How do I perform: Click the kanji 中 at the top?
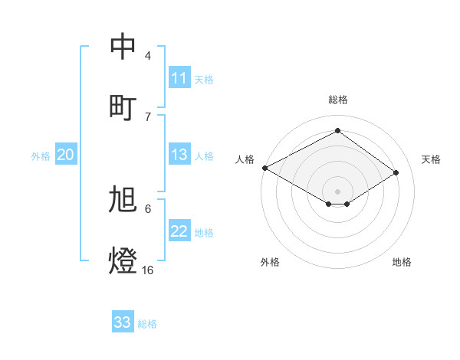click(123, 47)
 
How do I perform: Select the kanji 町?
click(123, 106)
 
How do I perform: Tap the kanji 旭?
click(123, 200)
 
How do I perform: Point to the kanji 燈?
click(123, 260)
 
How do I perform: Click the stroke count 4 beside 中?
click(147, 56)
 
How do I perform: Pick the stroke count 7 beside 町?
click(147, 116)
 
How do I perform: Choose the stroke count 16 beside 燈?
click(147, 270)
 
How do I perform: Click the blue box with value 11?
click(179, 78)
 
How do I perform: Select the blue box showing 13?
click(179, 155)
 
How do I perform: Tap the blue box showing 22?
click(179, 231)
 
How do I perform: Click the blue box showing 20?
click(66, 155)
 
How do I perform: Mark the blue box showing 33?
click(123, 322)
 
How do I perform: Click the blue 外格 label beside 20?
click(41, 156)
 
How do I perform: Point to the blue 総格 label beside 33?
click(147, 324)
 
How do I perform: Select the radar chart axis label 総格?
click(337, 100)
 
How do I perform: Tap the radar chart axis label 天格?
click(431, 159)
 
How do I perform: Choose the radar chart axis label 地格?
click(402, 262)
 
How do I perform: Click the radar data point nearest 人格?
click(264, 168)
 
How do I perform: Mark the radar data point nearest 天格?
click(396, 173)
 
